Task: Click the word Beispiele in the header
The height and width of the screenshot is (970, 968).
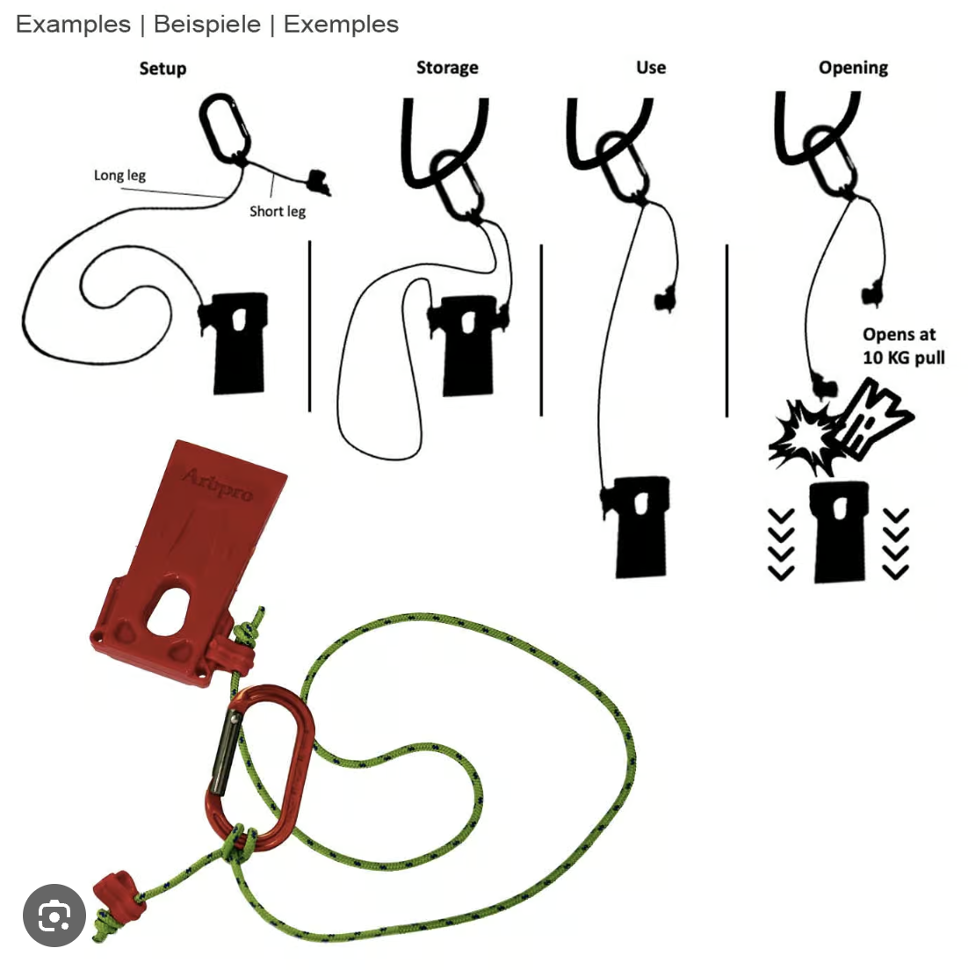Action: pyautogui.click(x=207, y=25)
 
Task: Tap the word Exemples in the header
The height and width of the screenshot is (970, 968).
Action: pyautogui.click(x=341, y=25)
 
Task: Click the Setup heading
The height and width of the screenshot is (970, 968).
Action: pyautogui.click(x=163, y=68)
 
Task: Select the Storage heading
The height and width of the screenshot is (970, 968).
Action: pyautogui.click(x=447, y=68)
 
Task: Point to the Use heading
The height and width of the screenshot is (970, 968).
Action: pyautogui.click(x=651, y=67)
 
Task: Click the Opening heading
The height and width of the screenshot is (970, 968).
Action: pyautogui.click(x=853, y=68)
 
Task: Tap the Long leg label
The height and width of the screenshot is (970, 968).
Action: pyautogui.click(x=120, y=175)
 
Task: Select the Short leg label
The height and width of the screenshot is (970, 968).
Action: pyautogui.click(x=277, y=211)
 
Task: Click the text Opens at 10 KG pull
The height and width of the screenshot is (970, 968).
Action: pyautogui.click(x=903, y=346)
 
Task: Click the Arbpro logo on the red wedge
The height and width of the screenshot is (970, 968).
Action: pyautogui.click(x=218, y=483)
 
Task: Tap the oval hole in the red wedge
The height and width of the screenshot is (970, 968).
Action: pyautogui.click(x=168, y=612)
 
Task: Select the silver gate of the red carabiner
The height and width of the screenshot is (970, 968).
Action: pyautogui.click(x=225, y=753)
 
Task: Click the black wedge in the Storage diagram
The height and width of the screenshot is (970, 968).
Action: pyautogui.click(x=466, y=345)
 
